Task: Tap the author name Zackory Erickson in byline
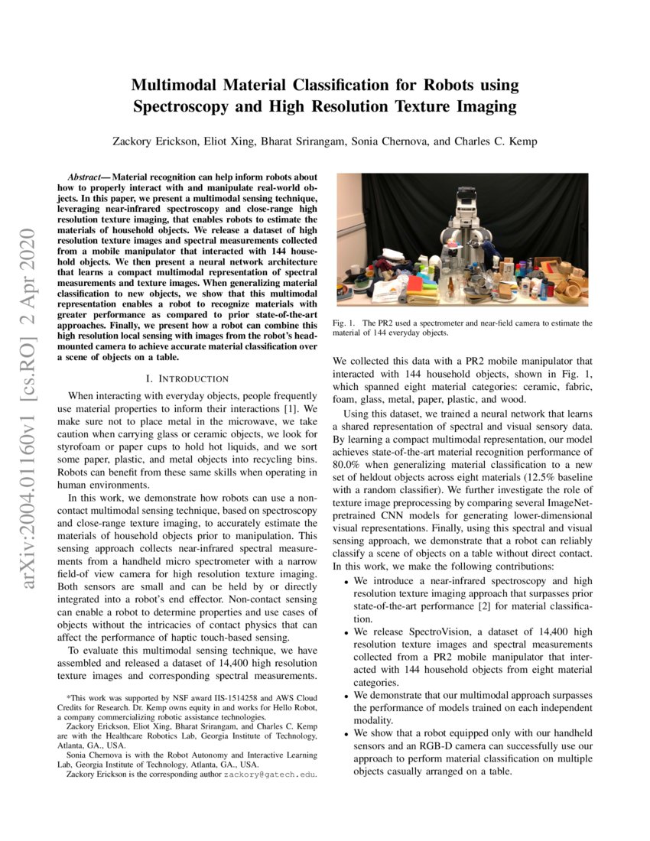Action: tap(159, 141)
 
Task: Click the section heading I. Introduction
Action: tap(187, 378)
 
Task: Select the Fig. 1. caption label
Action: tap(344, 323)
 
